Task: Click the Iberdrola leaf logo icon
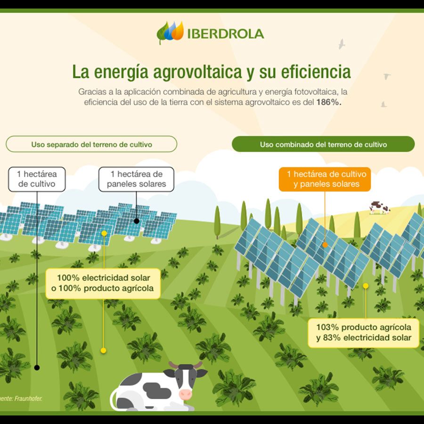click(170, 32)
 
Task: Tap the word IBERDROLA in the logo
click(226, 34)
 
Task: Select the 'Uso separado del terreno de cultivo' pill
click(91, 144)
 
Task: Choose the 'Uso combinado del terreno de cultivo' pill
click(323, 144)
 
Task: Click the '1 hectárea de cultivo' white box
click(37, 179)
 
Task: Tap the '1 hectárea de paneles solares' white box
click(136, 179)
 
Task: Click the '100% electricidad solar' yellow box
click(105, 283)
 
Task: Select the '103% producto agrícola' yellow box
click(363, 332)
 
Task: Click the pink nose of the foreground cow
click(186, 393)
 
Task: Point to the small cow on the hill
click(379, 207)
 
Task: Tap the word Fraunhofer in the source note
click(29, 399)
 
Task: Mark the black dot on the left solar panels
click(136, 220)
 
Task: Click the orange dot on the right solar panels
click(325, 245)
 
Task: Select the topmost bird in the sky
click(341, 44)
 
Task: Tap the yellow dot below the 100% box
click(104, 351)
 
